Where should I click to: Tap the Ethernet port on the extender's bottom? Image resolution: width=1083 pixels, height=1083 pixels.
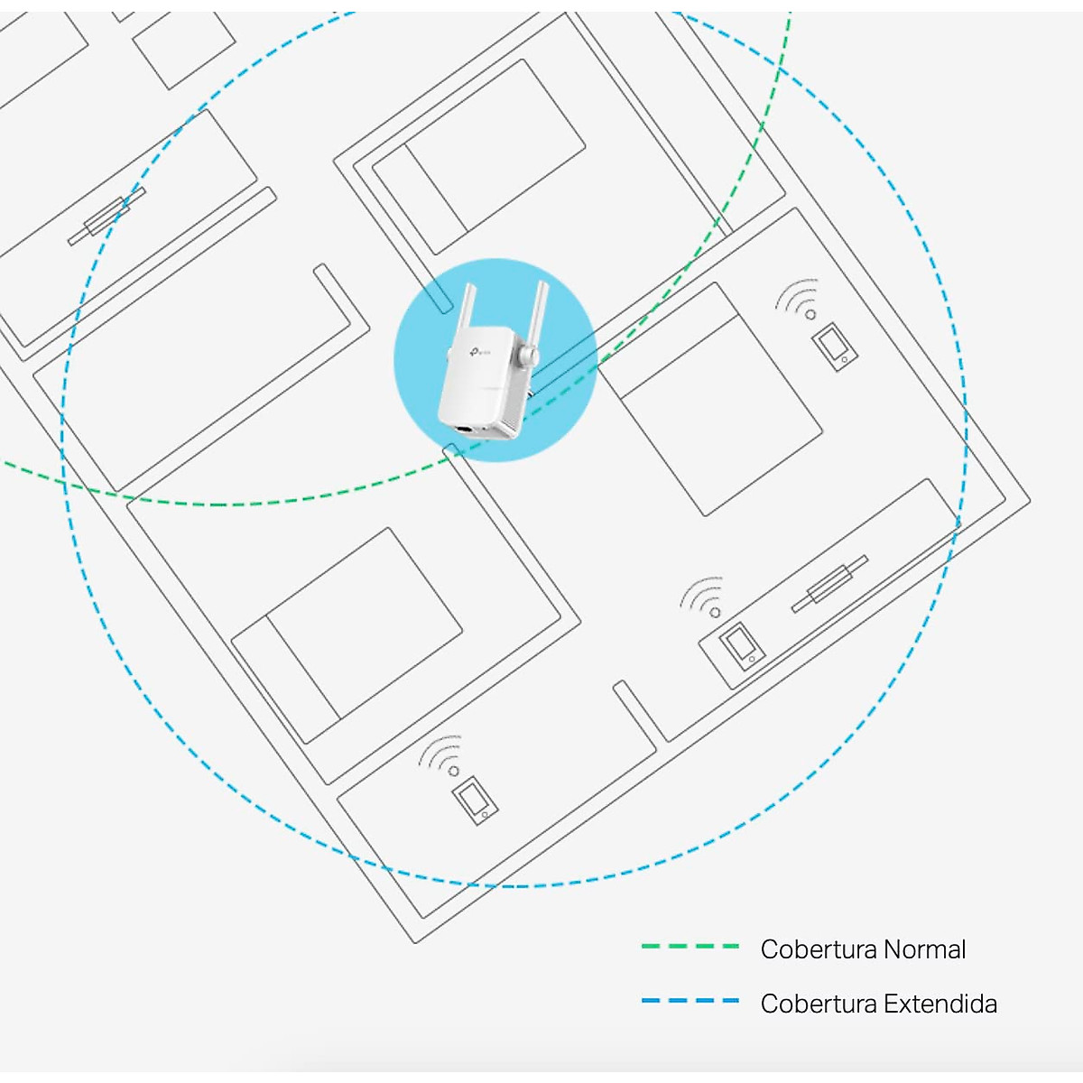(465, 427)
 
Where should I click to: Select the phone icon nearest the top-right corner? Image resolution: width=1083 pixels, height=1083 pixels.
(834, 347)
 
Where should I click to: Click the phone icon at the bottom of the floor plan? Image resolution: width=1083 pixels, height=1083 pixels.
(476, 801)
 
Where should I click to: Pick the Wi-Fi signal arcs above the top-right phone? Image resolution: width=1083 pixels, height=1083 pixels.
(799, 297)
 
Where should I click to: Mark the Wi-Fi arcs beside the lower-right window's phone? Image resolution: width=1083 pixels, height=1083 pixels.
(703, 596)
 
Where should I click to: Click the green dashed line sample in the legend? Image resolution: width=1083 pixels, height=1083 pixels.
(690, 947)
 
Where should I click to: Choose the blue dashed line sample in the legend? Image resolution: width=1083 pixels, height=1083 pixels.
(690, 1001)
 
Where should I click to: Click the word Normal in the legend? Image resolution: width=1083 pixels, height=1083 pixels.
(924, 949)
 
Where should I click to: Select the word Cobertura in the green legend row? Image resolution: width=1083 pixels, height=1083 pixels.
(819, 949)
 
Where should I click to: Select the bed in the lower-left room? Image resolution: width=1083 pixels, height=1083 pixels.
(347, 635)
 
